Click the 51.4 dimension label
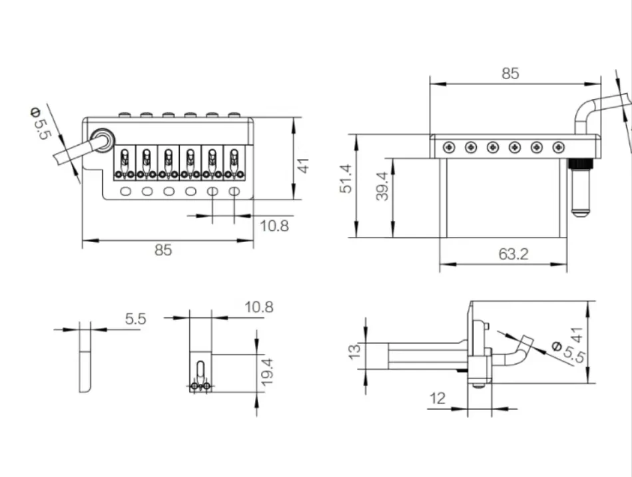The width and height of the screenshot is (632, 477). (x=346, y=178)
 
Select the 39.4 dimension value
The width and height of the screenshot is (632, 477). (x=382, y=186)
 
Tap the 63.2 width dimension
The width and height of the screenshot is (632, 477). (x=513, y=254)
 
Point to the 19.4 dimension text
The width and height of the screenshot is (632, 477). (x=267, y=373)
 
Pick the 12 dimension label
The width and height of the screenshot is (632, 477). (x=438, y=398)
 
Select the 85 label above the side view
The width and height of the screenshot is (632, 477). (x=510, y=73)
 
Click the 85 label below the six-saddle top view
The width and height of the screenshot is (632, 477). (x=163, y=250)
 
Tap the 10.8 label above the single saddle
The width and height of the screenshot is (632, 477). (x=259, y=307)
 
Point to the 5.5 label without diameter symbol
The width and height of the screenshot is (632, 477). (x=135, y=319)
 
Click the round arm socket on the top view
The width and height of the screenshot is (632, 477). (x=103, y=140)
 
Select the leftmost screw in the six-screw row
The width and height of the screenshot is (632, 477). (x=449, y=147)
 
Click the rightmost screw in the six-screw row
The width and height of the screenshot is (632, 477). (x=558, y=147)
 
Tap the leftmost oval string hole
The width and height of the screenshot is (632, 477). (x=126, y=191)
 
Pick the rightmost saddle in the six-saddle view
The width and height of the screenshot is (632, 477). (x=234, y=162)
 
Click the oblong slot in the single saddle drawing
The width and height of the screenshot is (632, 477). (x=200, y=369)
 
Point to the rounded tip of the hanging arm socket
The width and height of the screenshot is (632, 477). (x=581, y=213)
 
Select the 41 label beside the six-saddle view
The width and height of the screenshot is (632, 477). (x=303, y=166)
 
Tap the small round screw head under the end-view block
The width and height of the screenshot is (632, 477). (x=478, y=386)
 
